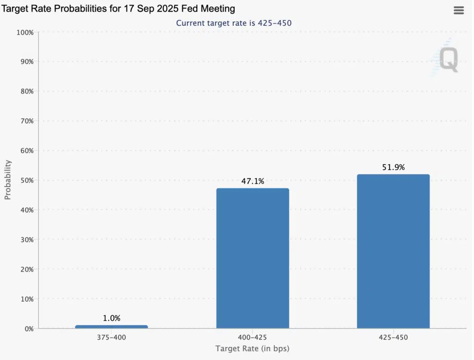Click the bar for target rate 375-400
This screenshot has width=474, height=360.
112,327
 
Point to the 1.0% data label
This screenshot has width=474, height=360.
112,318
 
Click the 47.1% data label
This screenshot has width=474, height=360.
252,181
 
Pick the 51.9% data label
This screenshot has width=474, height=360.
393,168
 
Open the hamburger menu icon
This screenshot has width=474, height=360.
459,11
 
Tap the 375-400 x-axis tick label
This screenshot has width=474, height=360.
112,337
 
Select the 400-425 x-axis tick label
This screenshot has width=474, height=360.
252,337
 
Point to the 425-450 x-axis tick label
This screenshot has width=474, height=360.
393,337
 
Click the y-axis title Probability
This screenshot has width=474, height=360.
8,180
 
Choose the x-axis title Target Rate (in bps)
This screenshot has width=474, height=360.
252,348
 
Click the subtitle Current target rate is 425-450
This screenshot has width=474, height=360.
234,23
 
